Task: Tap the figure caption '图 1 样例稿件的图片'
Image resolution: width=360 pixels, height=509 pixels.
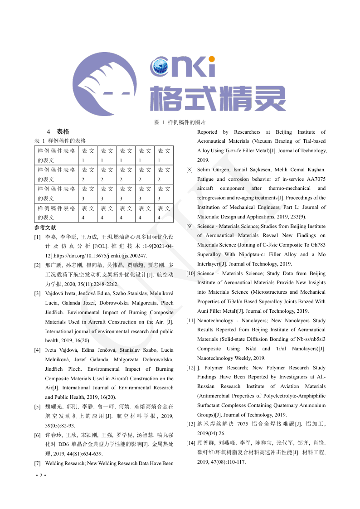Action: point(180,122)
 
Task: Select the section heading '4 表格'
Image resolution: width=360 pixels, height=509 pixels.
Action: point(58,132)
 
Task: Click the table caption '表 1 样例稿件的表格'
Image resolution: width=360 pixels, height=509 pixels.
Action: point(60,141)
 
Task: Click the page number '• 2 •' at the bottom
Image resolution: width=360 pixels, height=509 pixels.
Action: point(41,475)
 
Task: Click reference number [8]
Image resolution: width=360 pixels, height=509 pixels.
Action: point(190,170)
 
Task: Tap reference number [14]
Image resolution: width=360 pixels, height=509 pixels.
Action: point(191,442)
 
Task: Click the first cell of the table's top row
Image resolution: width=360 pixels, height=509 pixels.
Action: point(56,155)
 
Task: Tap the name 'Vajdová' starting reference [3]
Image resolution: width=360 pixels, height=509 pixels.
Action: point(55,293)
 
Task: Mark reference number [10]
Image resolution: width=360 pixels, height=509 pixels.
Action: point(191,273)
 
